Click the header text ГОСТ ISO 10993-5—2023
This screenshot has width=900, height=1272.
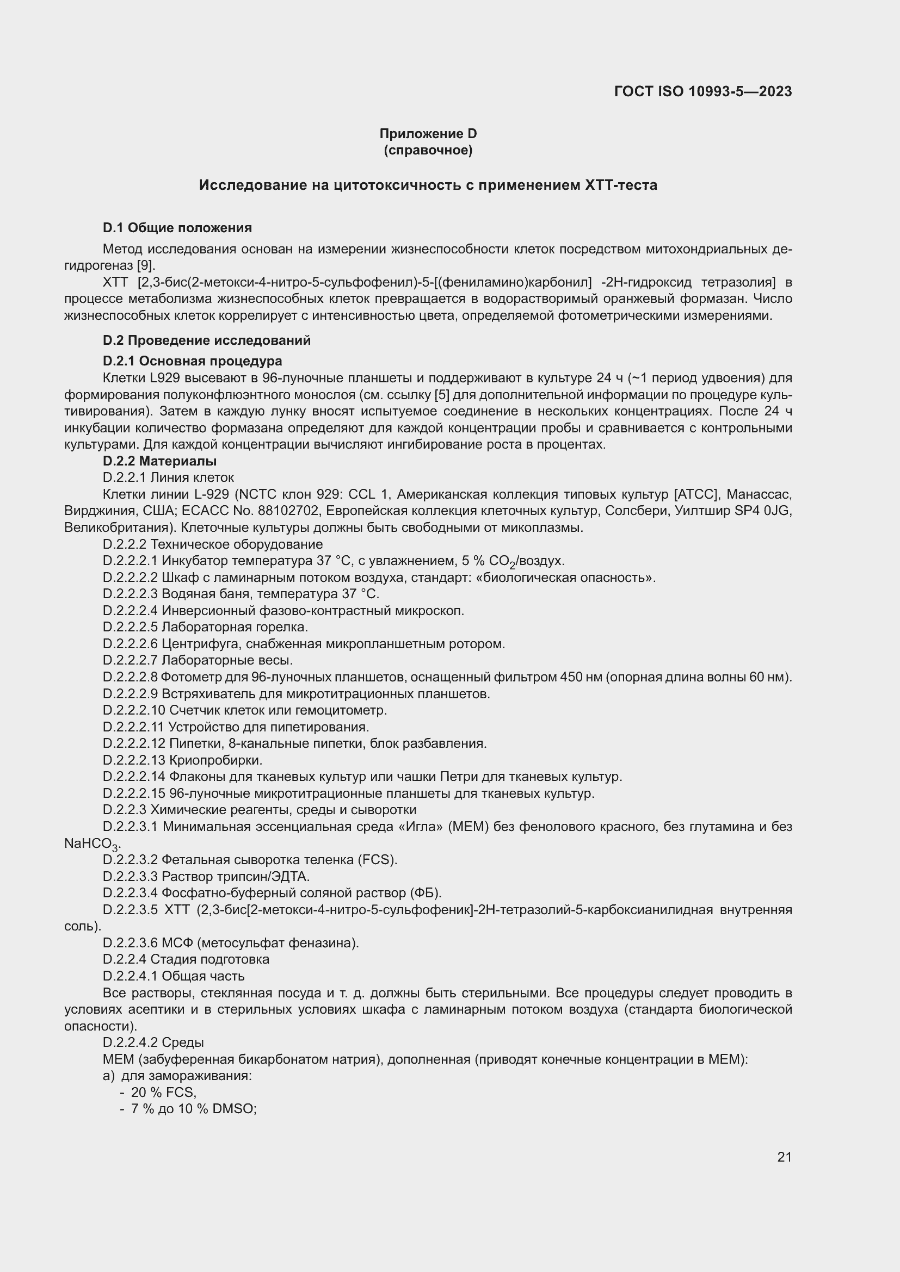(x=702, y=91)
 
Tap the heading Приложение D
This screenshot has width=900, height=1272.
(x=428, y=134)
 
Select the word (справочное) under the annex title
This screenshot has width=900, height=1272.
(x=428, y=150)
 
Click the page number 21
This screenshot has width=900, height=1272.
(x=784, y=1157)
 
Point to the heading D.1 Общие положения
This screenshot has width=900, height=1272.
(x=177, y=228)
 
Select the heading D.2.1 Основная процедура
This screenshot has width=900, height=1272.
(x=192, y=361)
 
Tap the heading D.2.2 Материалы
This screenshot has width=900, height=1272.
(x=159, y=461)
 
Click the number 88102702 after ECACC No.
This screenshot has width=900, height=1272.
(x=288, y=511)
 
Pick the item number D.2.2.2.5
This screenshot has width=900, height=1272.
(x=130, y=627)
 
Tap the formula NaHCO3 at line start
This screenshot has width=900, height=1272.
(x=91, y=844)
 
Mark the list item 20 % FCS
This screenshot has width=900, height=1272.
(x=163, y=1093)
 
